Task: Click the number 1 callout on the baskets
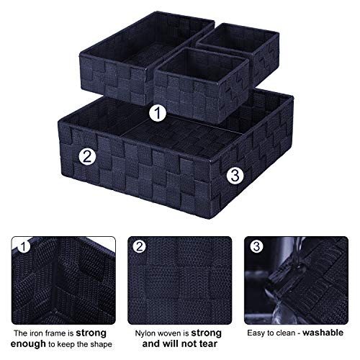coord(158,113)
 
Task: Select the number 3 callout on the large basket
coord(234,174)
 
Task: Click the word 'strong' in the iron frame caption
coord(92,333)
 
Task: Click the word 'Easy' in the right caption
coord(257,333)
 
